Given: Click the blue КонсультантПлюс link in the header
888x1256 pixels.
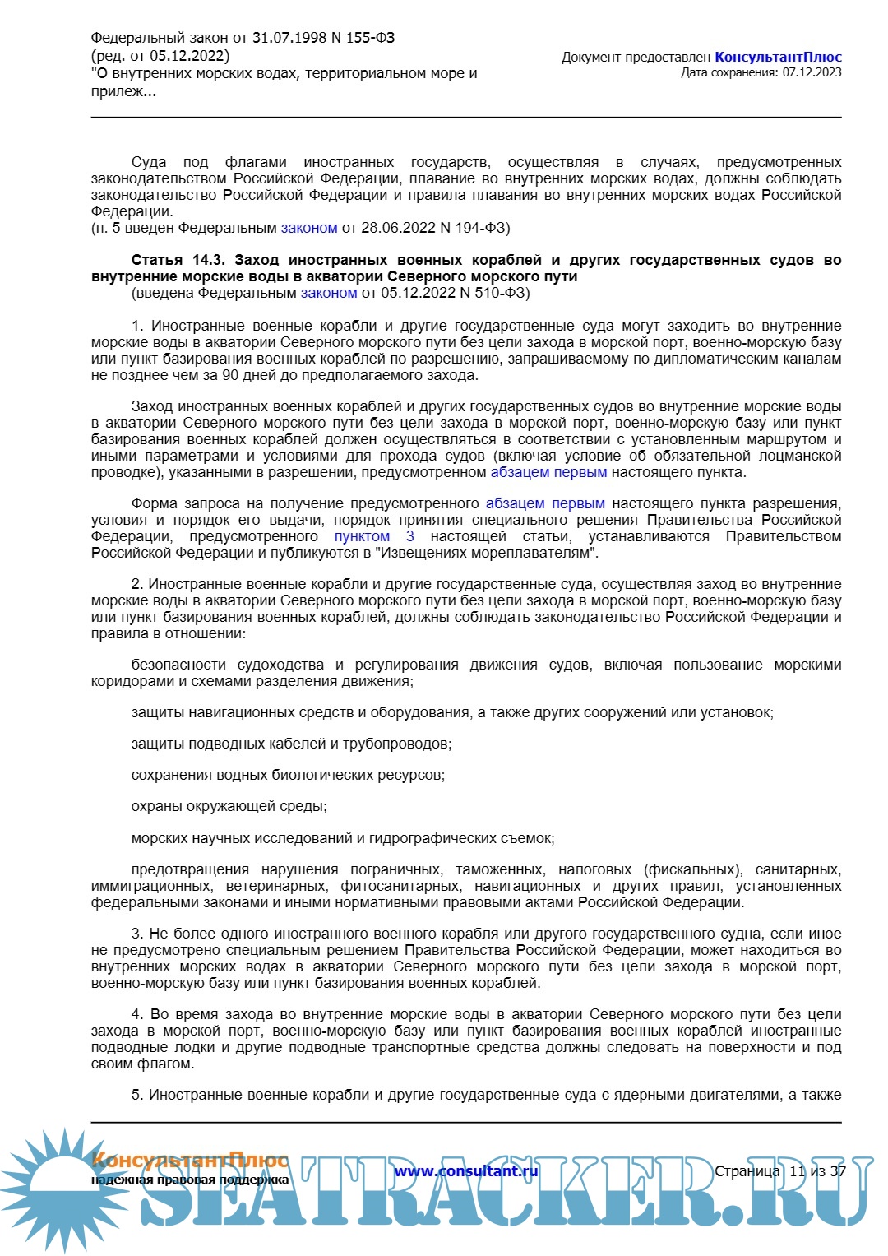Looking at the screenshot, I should pos(778,58).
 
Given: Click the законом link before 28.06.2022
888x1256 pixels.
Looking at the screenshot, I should pos(309,228).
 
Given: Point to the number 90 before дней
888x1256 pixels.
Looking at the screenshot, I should pos(231,375).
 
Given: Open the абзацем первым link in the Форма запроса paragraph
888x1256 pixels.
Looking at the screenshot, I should pos(545,503).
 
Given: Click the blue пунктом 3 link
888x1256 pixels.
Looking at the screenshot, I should pos(374,536).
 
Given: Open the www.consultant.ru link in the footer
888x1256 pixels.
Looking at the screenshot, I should pos(466,1171).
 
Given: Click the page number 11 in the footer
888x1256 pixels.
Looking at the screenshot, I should pos(797,1171).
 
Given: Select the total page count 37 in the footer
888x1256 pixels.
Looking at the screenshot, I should pos(838,1171).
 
